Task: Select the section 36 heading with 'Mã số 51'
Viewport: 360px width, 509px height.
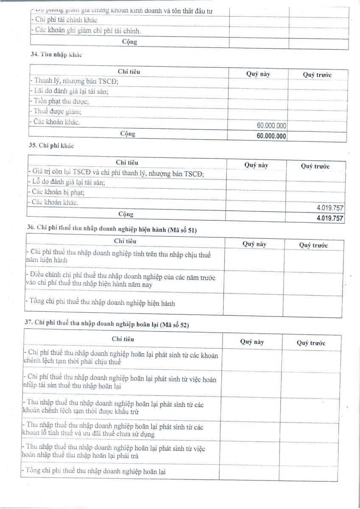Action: [x=112, y=229]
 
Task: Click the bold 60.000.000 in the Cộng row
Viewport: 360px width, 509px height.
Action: [x=271, y=137]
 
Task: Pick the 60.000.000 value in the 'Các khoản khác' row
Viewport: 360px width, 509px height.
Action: [x=271, y=126]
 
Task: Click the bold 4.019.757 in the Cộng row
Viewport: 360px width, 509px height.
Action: [x=330, y=218]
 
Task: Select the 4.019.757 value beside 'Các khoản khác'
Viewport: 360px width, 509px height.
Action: [x=330, y=208]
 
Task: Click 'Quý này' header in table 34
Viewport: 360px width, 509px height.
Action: [x=258, y=74]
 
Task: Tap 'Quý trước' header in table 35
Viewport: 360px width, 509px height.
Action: [x=315, y=166]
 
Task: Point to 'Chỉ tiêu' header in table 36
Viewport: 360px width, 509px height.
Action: [x=125, y=241]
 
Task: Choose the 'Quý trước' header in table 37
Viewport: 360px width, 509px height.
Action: [x=311, y=343]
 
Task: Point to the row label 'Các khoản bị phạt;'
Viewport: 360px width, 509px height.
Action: [x=56, y=192]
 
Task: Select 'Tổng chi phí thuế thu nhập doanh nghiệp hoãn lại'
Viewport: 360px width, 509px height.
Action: [x=95, y=471]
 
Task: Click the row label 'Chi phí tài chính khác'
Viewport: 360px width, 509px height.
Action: [x=65, y=20]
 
